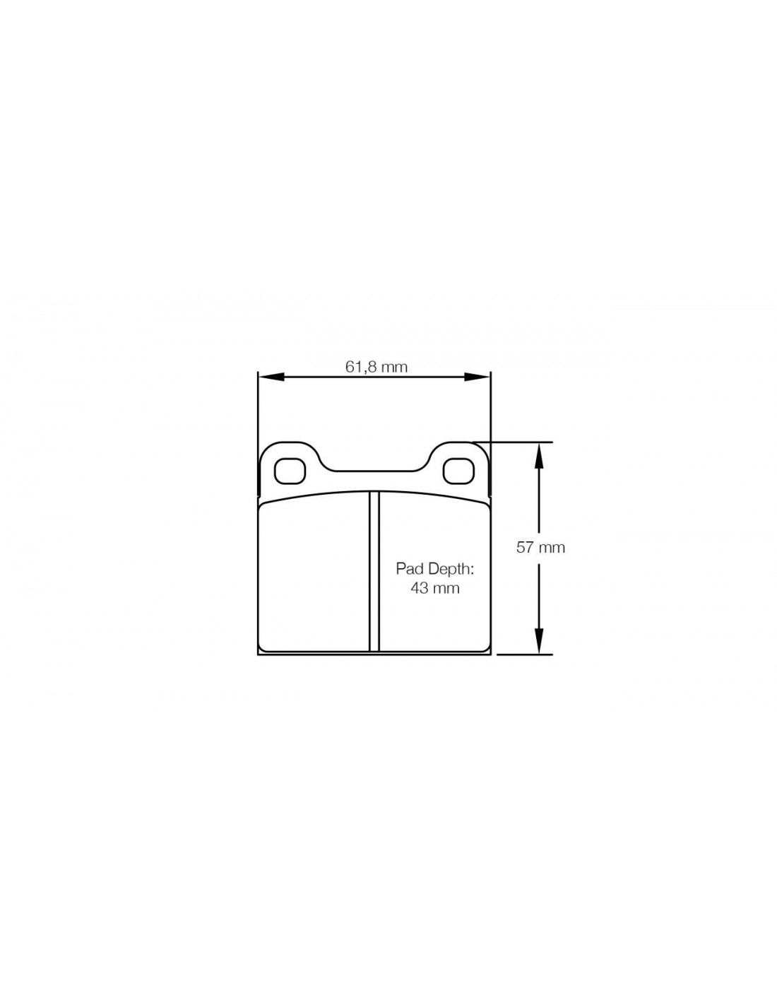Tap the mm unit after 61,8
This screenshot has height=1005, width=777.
pos(394,368)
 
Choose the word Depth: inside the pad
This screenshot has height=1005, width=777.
pos(451,570)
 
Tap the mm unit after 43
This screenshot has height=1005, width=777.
pos(446,589)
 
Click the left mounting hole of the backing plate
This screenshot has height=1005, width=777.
pos(290,471)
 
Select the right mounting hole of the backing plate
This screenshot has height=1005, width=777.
pos(458,471)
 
